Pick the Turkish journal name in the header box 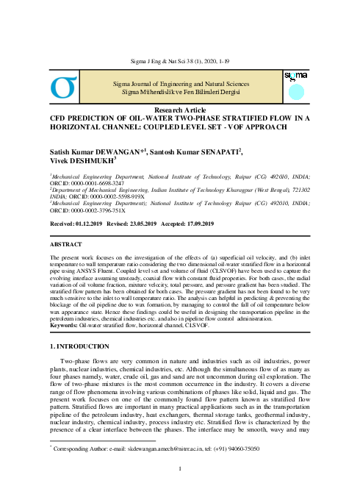(180, 91)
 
